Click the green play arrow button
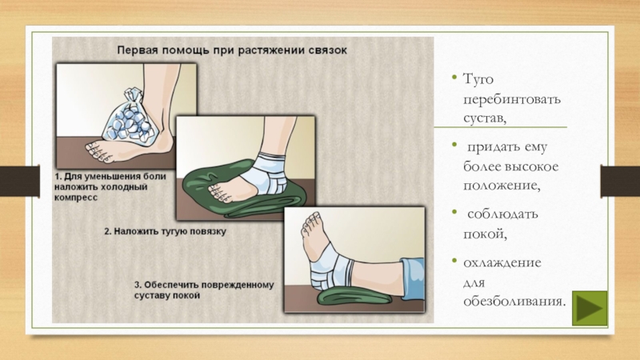(590, 308)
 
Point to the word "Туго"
(478, 78)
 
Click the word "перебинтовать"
(512, 99)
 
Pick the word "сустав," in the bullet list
(485, 118)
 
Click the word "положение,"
(502, 186)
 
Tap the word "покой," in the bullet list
(485, 234)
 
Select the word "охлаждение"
(502, 262)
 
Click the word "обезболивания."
(514, 302)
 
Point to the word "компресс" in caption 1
(76, 198)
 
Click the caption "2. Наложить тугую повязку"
(165, 231)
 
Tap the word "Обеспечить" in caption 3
(171, 285)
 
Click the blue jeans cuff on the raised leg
(413, 279)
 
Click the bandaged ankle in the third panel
(330, 266)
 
